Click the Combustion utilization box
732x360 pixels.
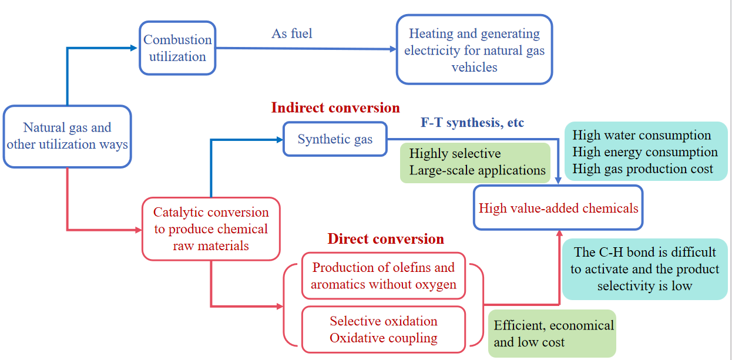(x=177, y=48)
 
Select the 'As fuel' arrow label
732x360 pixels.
(x=292, y=34)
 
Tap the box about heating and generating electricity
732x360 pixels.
(x=474, y=50)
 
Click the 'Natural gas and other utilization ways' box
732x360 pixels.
(x=67, y=136)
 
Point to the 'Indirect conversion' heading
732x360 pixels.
(x=335, y=108)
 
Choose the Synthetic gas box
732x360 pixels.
(x=335, y=139)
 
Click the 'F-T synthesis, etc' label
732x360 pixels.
(x=472, y=123)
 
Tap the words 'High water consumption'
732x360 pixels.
(x=642, y=136)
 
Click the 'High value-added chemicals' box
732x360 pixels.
(x=558, y=208)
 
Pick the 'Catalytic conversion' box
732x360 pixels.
(x=211, y=229)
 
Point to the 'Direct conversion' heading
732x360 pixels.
(x=385, y=239)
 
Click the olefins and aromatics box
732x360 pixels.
(x=384, y=276)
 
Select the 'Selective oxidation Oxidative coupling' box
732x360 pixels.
(x=384, y=329)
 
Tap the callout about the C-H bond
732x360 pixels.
(x=644, y=269)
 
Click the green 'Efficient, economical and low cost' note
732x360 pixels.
(x=552, y=334)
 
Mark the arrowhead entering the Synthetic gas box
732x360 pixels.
(x=279, y=140)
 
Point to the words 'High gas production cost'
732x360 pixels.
(x=642, y=169)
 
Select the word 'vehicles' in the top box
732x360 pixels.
(x=474, y=68)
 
